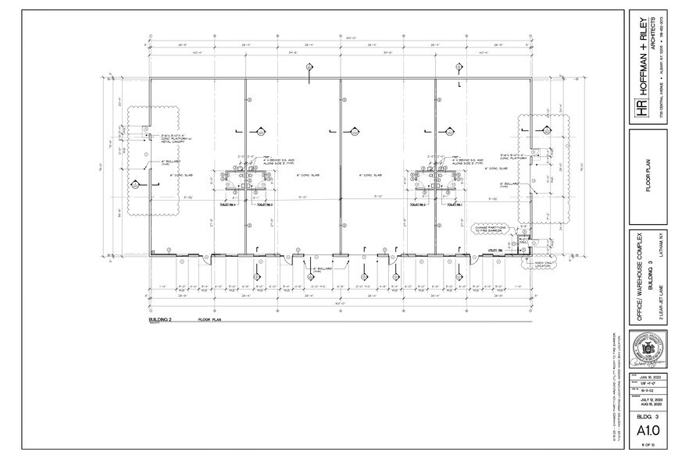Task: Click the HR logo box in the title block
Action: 643,111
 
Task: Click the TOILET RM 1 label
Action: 455,204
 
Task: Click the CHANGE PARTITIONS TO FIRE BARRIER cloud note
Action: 490,229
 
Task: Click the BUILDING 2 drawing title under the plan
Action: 159,320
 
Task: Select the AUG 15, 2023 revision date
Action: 649,404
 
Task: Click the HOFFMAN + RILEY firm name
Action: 643,66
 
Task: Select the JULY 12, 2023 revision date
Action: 649,399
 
